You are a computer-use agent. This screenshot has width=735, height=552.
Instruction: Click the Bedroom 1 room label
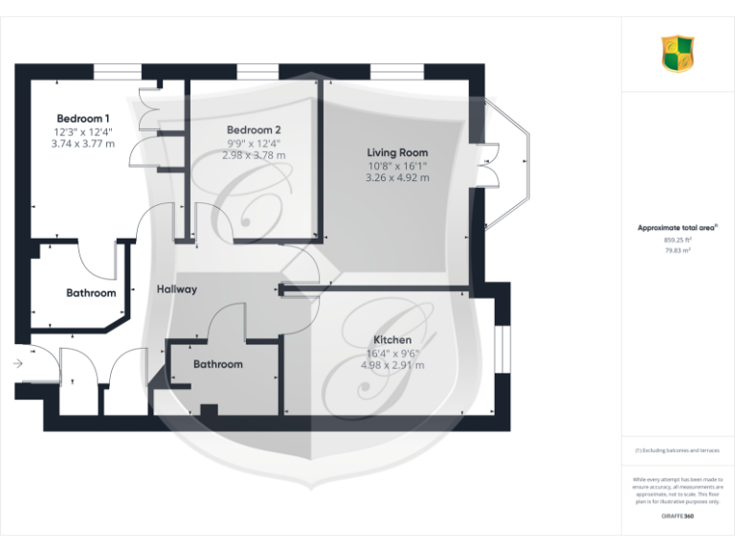coord(83,119)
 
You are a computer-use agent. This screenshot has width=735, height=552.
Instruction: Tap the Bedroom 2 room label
coord(254,129)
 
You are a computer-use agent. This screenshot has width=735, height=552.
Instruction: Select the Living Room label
coord(397,152)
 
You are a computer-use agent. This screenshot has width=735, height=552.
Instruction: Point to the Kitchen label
coord(392,340)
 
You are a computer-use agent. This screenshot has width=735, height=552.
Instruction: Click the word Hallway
coord(177,288)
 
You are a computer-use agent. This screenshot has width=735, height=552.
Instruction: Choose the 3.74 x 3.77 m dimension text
coord(83,144)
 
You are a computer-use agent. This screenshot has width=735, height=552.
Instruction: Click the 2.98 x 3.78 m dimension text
coord(254,154)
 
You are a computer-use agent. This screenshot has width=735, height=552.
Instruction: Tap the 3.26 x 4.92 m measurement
coord(397,177)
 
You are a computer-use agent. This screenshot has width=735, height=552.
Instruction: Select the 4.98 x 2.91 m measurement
coord(392,365)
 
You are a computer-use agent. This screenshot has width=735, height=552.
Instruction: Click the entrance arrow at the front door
coord(18,363)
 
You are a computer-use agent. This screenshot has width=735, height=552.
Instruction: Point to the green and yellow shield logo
coord(678,54)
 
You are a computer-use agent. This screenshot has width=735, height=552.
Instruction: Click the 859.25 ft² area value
coord(678,240)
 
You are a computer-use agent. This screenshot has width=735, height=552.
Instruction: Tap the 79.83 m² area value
coord(678,249)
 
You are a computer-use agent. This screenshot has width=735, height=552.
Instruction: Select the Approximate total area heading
coord(678,228)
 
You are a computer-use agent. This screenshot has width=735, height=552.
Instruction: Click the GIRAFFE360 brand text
coord(677,517)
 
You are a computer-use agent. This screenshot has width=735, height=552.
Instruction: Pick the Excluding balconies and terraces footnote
coord(678,449)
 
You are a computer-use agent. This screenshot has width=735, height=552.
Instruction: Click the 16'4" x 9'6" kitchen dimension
coord(392,353)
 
